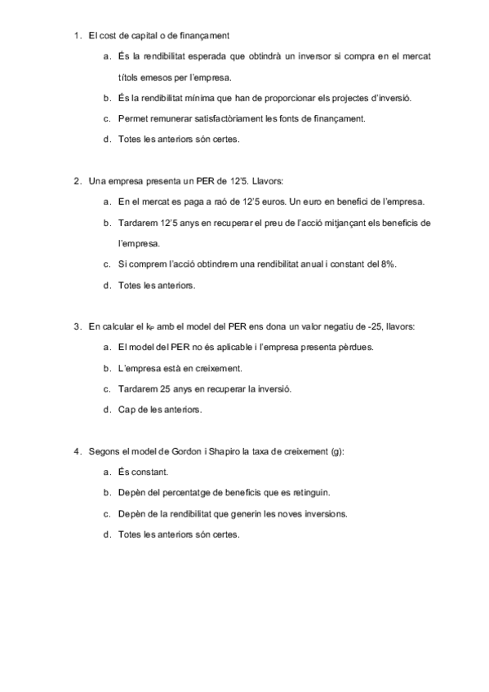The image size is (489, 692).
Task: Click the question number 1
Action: (x=77, y=35)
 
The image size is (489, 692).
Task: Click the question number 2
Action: (x=77, y=181)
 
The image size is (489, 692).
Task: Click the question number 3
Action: (x=77, y=326)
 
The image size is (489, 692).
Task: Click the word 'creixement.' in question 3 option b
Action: (x=199, y=369)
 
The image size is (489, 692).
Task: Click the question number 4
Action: (x=77, y=451)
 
